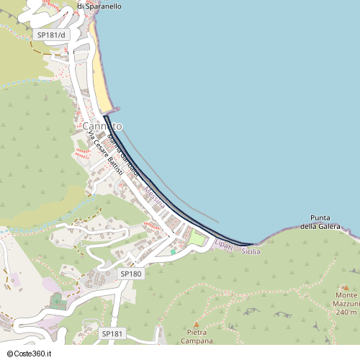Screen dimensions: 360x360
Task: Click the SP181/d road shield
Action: (x=50, y=35)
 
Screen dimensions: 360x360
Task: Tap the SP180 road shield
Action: (x=131, y=274)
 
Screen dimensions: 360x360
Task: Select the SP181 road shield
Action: (x=113, y=333)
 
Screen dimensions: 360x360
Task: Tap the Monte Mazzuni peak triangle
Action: (x=342, y=286)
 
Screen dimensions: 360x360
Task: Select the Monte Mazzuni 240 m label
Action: (x=346, y=304)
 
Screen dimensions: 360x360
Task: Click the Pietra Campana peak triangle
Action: (x=196, y=324)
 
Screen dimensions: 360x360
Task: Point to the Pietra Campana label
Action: (x=196, y=336)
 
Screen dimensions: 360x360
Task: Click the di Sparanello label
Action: (x=99, y=6)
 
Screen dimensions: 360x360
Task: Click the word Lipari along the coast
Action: (x=223, y=246)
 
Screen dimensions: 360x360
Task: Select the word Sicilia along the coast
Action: (x=250, y=251)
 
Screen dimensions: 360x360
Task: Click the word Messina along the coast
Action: (x=155, y=197)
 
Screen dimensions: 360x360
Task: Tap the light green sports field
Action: (x=197, y=238)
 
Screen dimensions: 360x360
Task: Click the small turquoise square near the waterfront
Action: (x=173, y=251)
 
